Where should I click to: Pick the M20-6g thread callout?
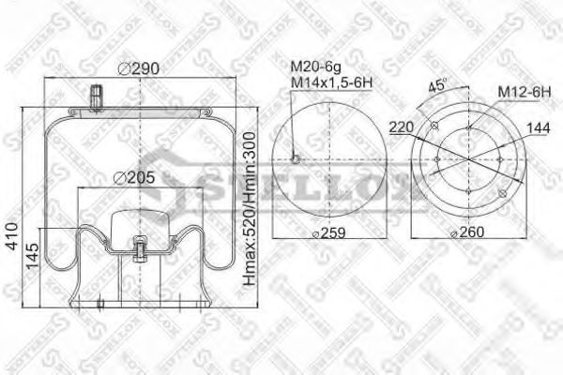coord(314,67)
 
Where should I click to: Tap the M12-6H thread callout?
coord(524,92)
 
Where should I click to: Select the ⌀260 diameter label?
coord(469,232)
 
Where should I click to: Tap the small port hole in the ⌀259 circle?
coord(296,159)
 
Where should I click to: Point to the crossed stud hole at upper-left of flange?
coord(434,127)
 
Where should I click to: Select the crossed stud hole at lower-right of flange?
coord(502,194)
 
